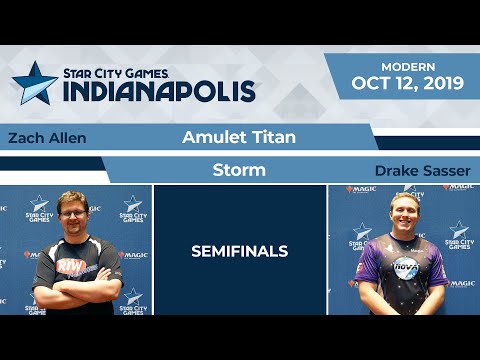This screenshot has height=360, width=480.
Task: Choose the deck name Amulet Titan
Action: [x=239, y=137]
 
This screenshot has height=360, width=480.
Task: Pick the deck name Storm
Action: [x=239, y=170]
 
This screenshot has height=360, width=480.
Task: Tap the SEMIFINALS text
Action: [x=239, y=251]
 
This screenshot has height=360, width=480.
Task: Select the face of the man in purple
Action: [x=404, y=214]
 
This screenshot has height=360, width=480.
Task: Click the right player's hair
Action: [x=404, y=198]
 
